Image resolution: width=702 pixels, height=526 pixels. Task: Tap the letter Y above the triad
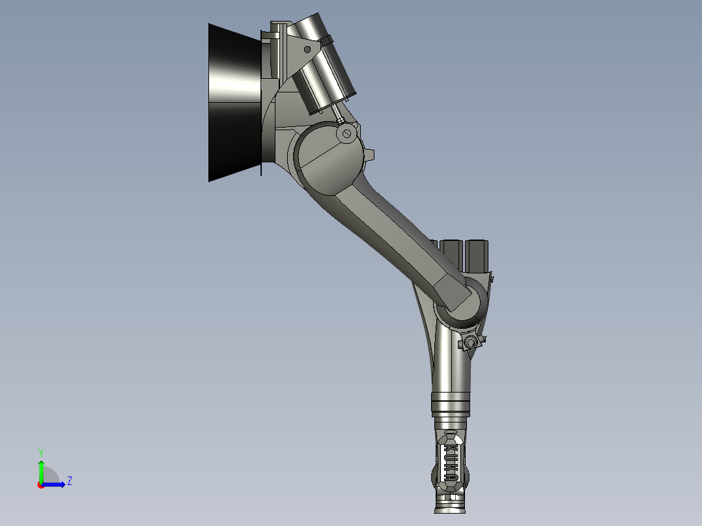41,452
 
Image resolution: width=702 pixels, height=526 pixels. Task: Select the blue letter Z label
69,482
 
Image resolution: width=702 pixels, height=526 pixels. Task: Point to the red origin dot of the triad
40,484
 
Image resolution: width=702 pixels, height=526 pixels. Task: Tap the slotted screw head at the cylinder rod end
347,135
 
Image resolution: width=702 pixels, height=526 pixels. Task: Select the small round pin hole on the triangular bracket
307,49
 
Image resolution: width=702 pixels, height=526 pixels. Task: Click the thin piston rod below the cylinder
339,118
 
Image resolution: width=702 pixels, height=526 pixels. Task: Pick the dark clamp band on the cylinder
325,42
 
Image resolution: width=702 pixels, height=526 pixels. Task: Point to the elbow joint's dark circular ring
462,306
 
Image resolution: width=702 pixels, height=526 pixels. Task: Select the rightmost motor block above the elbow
479,255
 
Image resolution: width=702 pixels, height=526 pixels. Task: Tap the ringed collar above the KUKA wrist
450,405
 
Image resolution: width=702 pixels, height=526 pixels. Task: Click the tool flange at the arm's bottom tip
450,505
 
